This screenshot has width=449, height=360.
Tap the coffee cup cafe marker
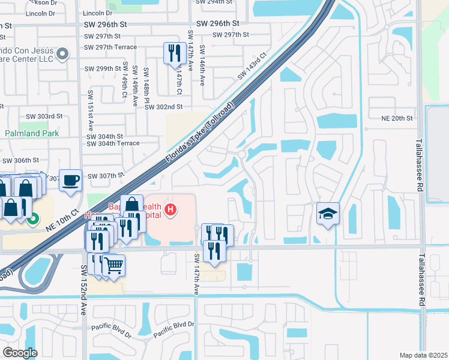point(71,180)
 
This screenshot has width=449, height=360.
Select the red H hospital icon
point(170,209)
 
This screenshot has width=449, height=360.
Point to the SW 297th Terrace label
point(112,47)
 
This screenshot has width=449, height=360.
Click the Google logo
point(20,353)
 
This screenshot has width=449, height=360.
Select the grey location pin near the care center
point(62,56)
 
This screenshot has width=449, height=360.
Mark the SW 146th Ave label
point(202,64)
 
